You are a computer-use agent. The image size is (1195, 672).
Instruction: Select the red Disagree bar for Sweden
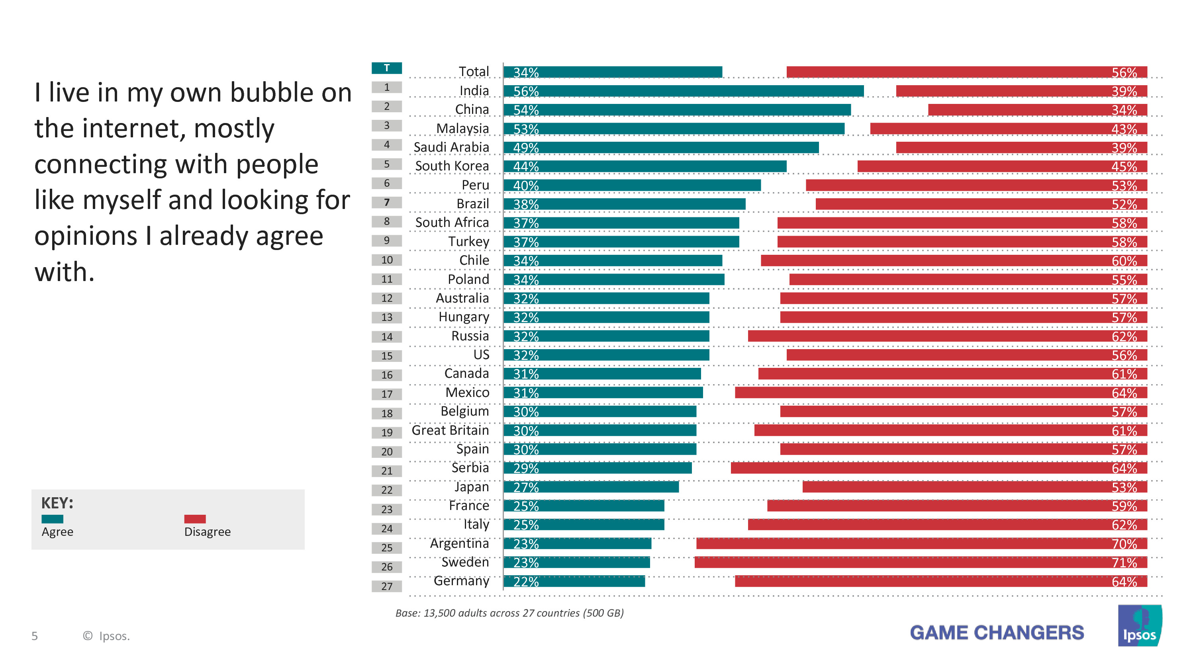click(x=921, y=562)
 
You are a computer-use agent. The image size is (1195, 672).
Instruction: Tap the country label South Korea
click(x=452, y=166)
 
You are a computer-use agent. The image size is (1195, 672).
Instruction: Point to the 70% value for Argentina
click(x=1124, y=543)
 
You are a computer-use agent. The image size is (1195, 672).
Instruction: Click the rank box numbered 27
click(x=386, y=586)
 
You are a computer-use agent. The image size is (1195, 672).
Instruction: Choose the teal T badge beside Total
click(x=386, y=68)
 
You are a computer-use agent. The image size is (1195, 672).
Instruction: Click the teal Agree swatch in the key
click(x=53, y=519)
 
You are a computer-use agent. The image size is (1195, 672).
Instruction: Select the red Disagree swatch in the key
click(x=195, y=519)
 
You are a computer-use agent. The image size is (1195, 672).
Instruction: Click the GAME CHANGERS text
click(x=997, y=633)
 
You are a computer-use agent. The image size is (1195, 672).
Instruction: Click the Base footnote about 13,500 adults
click(x=509, y=613)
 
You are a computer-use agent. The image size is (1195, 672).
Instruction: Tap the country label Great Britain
click(x=450, y=430)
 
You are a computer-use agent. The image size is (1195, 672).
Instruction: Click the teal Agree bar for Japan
click(x=591, y=486)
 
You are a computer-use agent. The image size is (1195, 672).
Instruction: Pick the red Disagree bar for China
click(x=1037, y=110)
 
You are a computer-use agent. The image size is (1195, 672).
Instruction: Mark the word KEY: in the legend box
click(x=57, y=503)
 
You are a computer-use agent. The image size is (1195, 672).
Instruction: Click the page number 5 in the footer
click(x=34, y=636)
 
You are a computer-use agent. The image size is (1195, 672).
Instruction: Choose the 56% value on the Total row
click(x=1124, y=72)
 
